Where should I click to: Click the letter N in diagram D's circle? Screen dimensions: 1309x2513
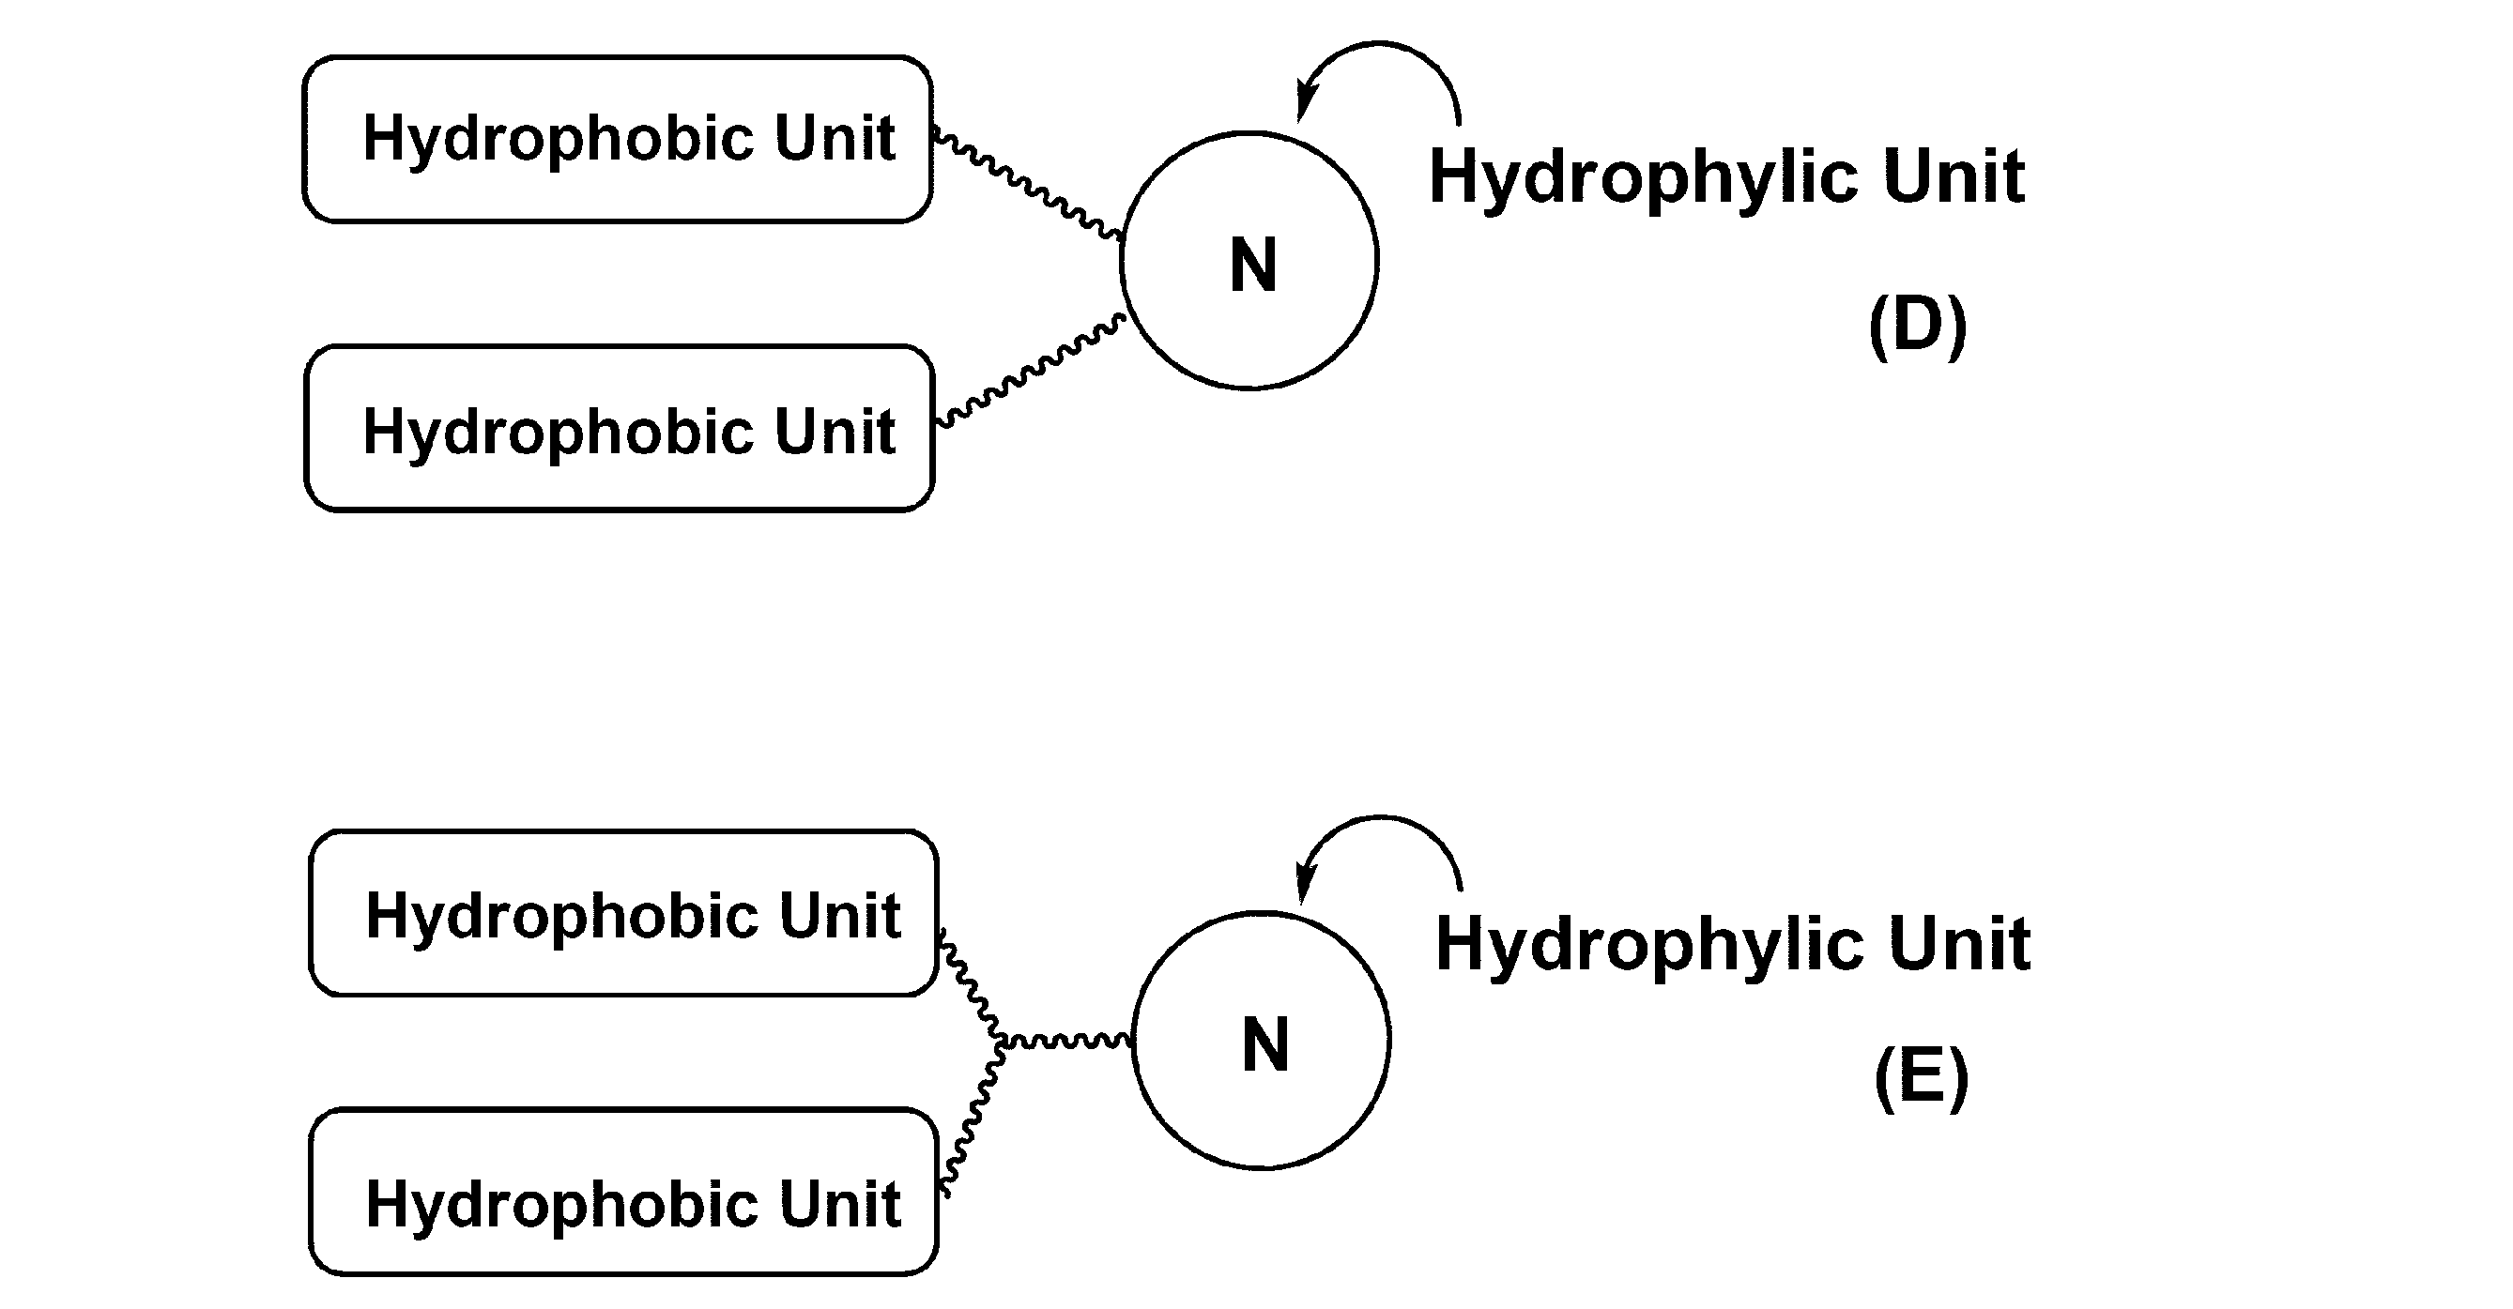pos(1252,266)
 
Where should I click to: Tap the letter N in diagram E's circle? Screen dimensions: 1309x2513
pos(1264,1044)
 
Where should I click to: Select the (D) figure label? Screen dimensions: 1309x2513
pos(1917,326)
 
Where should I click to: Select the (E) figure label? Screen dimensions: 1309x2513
pos(1921,1077)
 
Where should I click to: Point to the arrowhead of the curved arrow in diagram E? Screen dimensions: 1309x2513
pos(1304,884)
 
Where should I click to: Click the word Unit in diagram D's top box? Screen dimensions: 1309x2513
pos(835,138)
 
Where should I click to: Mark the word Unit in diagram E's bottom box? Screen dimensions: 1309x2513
pos(839,1204)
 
